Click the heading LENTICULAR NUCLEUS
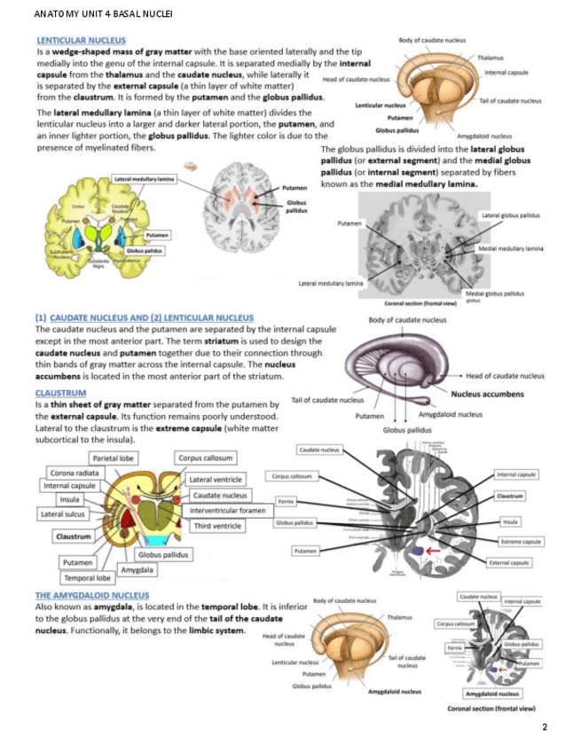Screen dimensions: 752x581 pos(81,40)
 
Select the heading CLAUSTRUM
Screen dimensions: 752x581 pos(60,392)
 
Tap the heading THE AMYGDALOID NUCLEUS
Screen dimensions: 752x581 pos(92,595)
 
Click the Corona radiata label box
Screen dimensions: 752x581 pos(75,473)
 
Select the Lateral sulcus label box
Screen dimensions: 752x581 pos(62,513)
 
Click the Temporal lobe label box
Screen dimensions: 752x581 pos(86,578)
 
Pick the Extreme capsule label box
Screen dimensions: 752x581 pos(522,541)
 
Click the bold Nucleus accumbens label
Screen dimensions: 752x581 pos(487,395)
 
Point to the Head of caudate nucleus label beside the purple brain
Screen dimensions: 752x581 pos(505,376)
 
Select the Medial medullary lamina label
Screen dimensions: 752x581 pos(510,249)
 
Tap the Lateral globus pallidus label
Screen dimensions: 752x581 pos(510,215)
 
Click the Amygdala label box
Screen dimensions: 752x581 pos(137,569)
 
